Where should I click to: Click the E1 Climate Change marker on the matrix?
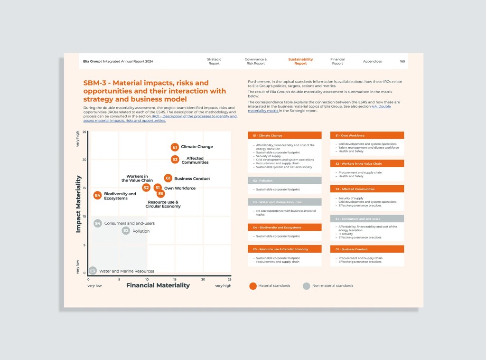point(175,147)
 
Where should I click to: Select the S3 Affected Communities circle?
point(175,160)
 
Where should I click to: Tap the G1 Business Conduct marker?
point(168,178)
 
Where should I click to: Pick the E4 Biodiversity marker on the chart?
point(97,195)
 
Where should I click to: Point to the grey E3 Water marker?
point(93,271)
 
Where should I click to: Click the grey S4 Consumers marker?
point(97,223)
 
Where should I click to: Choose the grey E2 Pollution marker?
point(126,231)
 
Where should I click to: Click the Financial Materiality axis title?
point(158,285)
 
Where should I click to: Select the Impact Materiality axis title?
point(79,204)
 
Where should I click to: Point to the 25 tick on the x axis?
point(229,279)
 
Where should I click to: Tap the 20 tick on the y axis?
point(84,160)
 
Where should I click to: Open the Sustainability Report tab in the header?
point(300,61)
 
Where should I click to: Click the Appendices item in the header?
point(372,61)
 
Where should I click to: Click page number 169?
point(402,61)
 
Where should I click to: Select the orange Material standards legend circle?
point(253,286)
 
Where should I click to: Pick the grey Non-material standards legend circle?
point(307,286)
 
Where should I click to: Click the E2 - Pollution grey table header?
point(284,180)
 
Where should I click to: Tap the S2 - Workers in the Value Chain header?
point(367,164)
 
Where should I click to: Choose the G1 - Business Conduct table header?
point(367,249)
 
